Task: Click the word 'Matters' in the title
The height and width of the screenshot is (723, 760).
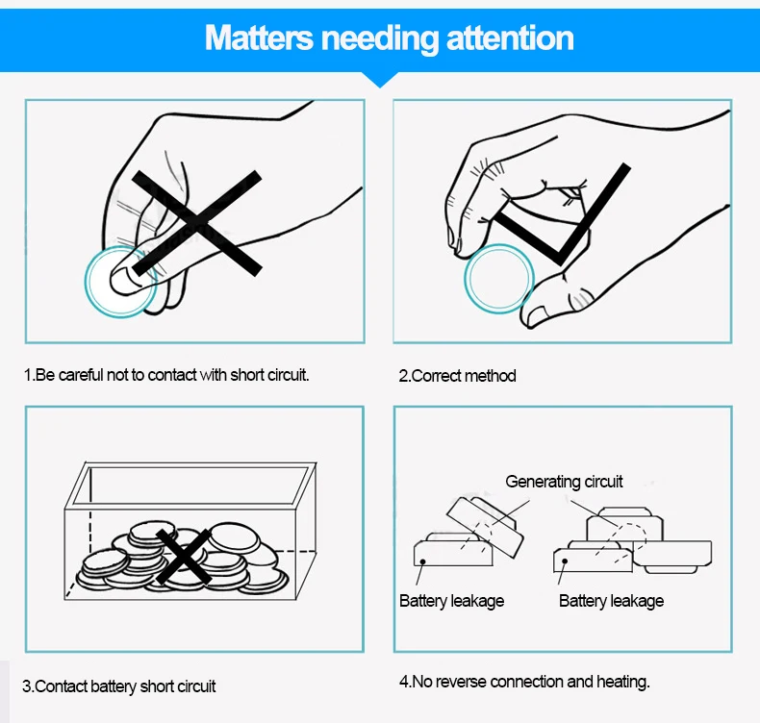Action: point(259,37)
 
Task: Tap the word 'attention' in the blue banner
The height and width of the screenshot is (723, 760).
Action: point(510,37)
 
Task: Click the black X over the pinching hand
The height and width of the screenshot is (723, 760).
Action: point(197,223)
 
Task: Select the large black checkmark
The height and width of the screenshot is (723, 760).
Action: point(562,215)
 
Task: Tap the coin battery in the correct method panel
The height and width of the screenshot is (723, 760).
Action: point(498,279)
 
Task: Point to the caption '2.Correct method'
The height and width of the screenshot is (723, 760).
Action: point(457,376)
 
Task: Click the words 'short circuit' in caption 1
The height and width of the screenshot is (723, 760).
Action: point(269,375)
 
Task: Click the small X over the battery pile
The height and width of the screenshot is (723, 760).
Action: point(183,556)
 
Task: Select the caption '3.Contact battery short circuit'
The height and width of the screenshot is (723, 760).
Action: point(118,686)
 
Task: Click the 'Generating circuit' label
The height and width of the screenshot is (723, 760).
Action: point(564,482)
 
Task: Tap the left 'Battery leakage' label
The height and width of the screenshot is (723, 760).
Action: point(452,601)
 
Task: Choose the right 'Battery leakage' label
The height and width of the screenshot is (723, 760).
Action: point(611,601)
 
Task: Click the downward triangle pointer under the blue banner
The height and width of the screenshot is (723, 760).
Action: point(381,80)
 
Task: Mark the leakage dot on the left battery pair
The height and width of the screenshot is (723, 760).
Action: point(422,561)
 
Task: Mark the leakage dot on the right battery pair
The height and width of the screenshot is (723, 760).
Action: point(565,561)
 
